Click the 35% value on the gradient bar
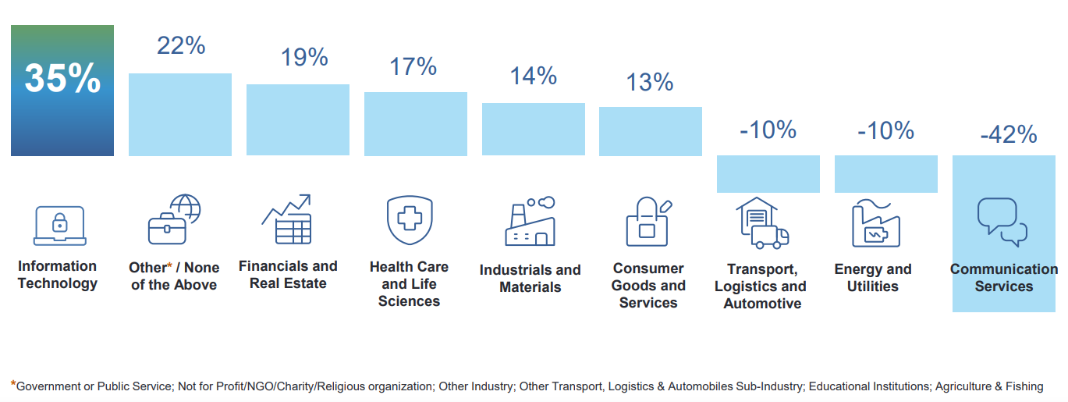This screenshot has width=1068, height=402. click(62, 79)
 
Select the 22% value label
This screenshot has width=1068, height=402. click(181, 45)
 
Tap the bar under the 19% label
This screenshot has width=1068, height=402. click(298, 120)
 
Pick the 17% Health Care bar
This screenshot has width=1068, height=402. click(416, 124)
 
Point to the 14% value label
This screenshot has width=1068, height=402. click(534, 76)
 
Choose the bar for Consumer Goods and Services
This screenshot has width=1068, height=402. click(651, 131)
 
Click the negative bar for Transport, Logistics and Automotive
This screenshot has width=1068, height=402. click(768, 174)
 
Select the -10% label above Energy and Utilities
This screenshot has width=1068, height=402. click(885, 130)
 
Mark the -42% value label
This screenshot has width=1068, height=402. click(1008, 135)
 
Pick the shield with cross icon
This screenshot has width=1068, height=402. click(410, 220)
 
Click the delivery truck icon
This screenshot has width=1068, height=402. click(762, 223)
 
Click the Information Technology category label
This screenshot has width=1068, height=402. click(58, 275)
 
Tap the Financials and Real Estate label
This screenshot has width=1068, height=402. click(288, 275)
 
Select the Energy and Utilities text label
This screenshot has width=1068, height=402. click(873, 278)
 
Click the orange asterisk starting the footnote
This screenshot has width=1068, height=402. click(12, 384)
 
